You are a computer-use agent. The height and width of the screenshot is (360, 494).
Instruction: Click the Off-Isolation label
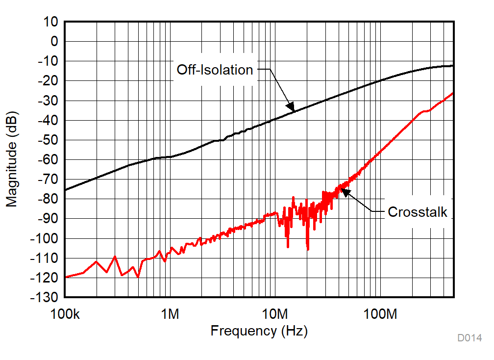(215, 70)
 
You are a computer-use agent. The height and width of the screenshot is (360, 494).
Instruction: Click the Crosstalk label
(417, 212)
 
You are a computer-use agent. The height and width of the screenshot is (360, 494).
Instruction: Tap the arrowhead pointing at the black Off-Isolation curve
(291, 107)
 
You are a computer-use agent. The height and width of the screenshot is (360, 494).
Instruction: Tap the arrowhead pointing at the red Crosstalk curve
(345, 192)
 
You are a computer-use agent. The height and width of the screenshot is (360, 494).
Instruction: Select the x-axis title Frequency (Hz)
(259, 331)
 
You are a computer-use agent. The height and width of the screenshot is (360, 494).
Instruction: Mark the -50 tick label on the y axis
(48, 140)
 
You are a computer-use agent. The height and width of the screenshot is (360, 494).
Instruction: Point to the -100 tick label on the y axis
(45, 239)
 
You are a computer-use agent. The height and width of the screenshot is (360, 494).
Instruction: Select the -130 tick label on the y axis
(45, 298)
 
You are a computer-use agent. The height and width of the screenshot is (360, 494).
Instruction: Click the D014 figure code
(469, 338)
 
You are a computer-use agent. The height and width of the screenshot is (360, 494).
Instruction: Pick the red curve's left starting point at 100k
(66, 277)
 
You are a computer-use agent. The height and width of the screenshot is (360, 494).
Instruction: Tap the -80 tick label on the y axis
(48, 199)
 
